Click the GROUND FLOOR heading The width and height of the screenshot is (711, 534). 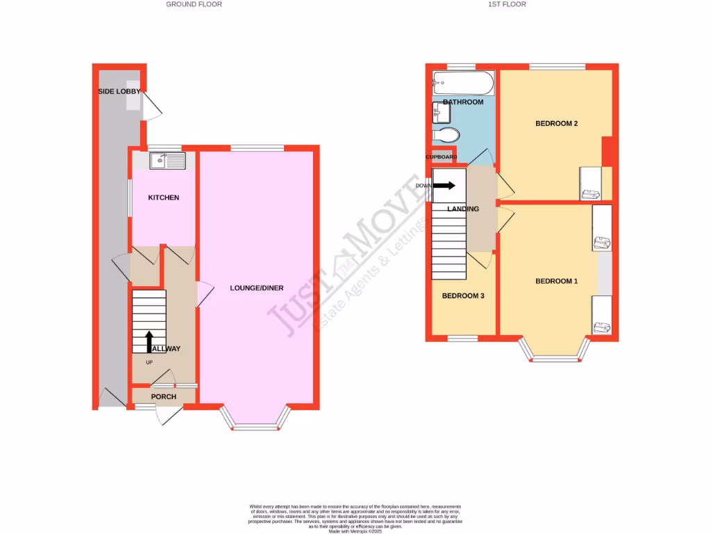[194, 4]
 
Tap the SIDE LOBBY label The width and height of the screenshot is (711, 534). [119, 91]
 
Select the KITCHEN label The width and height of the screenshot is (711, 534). [164, 197]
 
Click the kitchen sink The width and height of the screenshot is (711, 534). [167, 161]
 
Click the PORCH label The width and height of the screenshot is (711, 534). [164, 397]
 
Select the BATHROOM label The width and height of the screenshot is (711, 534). [463, 102]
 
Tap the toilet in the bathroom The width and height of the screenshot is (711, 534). [446, 134]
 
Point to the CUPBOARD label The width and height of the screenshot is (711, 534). [442, 157]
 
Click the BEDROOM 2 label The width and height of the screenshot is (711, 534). [557, 124]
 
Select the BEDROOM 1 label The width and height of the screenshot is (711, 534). [556, 281]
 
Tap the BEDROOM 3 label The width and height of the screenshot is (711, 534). [463, 296]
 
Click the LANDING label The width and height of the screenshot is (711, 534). [463, 209]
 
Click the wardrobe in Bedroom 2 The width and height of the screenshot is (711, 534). [589, 183]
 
